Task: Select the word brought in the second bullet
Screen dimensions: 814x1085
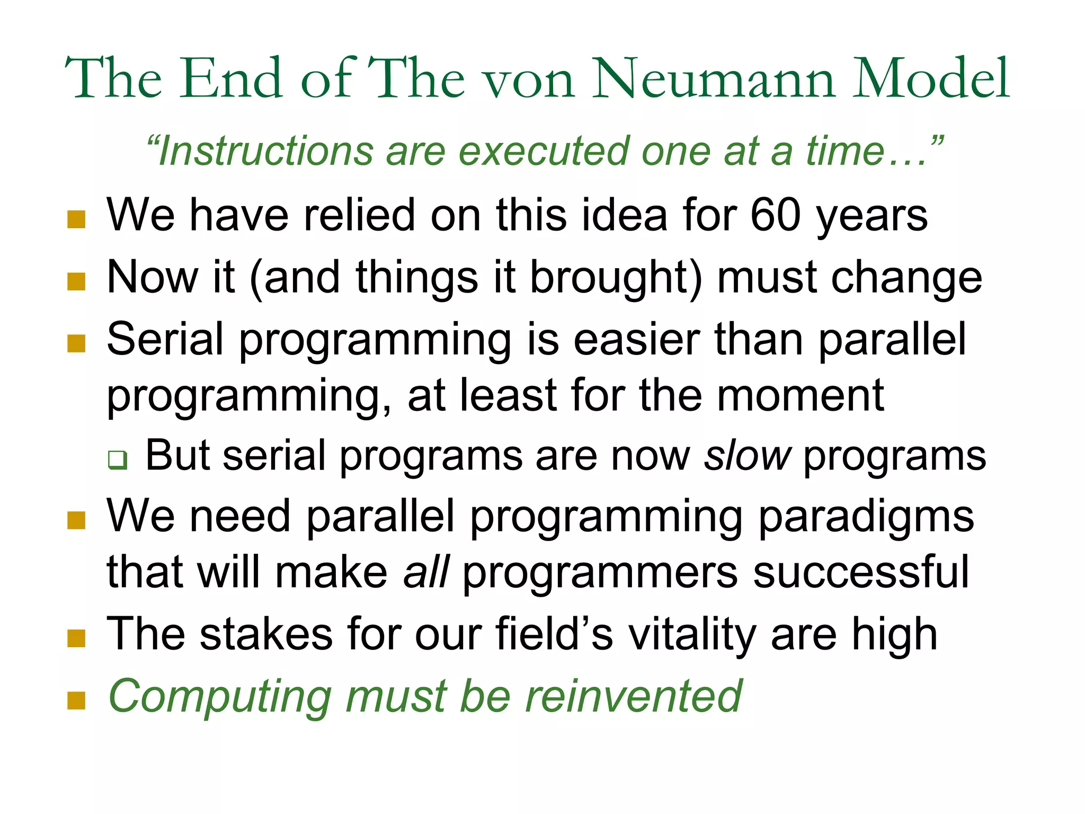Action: click(616, 279)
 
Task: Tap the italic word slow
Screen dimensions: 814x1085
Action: click(748, 456)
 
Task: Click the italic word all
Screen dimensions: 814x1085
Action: click(426, 572)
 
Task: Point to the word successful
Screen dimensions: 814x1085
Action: click(861, 572)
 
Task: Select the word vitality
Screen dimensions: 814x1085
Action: click(693, 635)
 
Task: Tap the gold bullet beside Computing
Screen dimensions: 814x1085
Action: click(76, 700)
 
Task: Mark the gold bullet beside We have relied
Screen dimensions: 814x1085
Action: click(76, 219)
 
